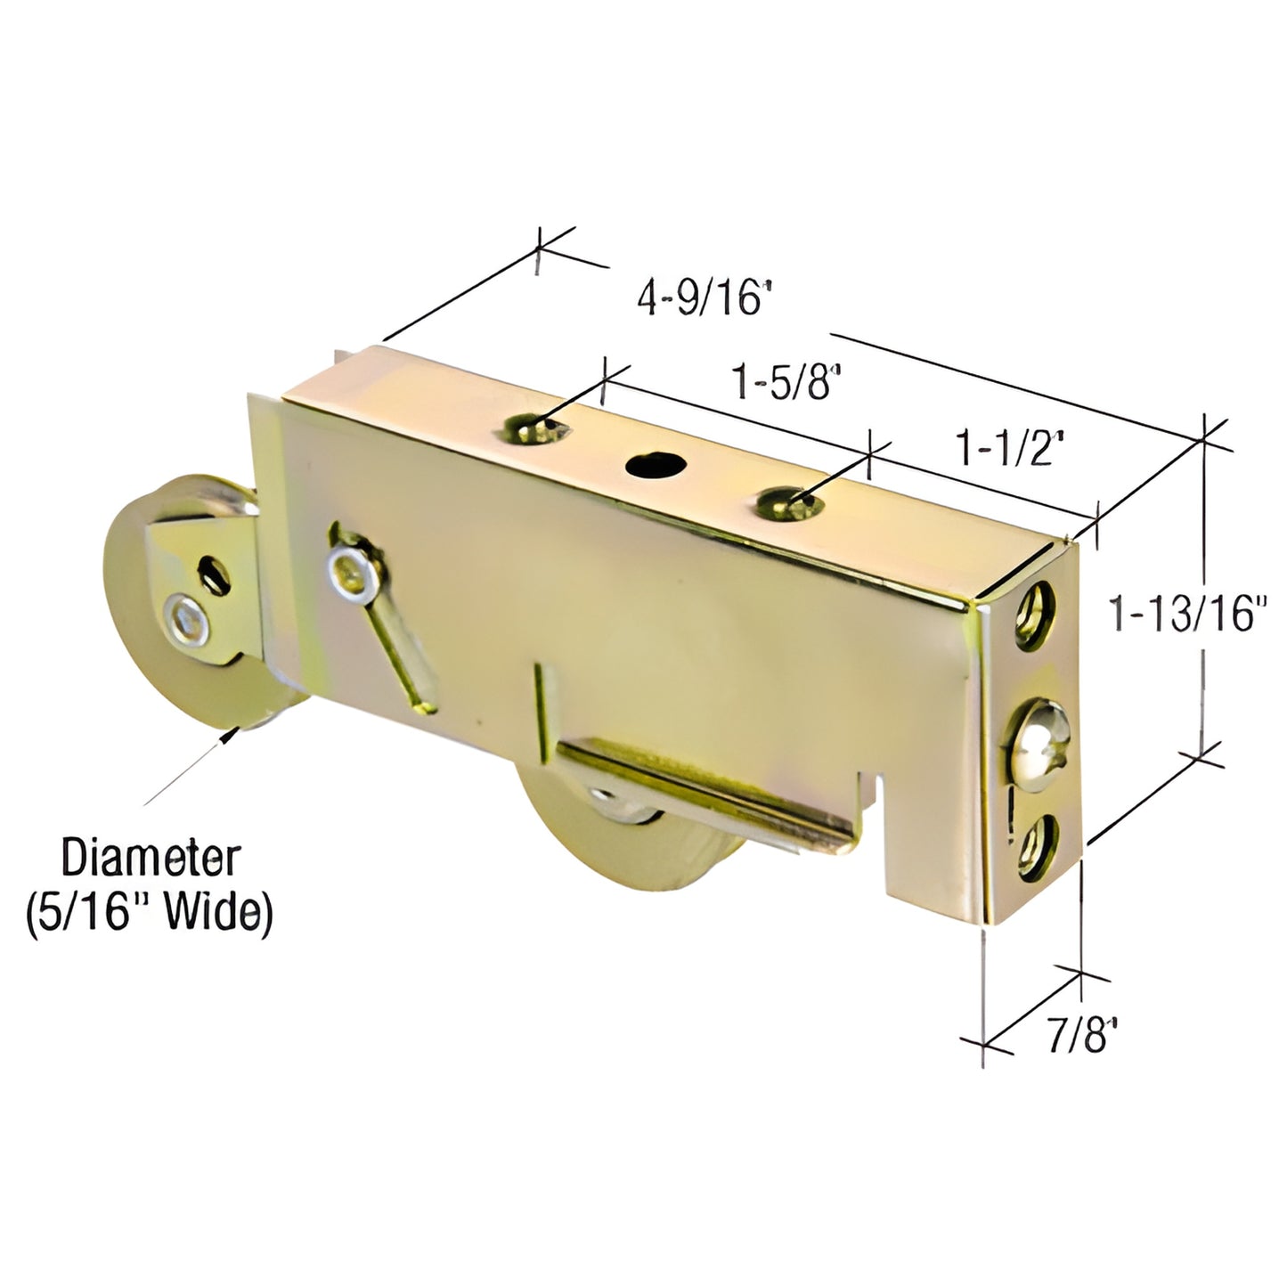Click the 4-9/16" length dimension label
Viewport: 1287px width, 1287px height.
703,299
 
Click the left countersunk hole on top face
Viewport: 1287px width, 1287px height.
532,429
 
